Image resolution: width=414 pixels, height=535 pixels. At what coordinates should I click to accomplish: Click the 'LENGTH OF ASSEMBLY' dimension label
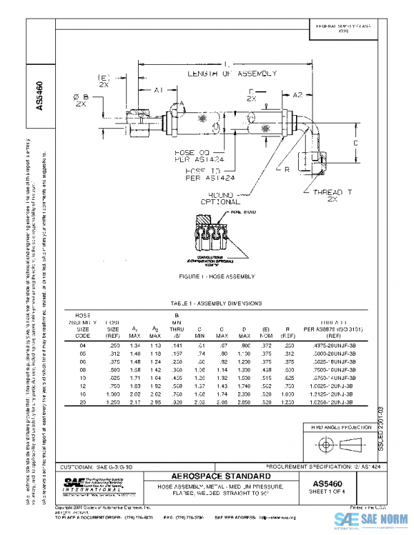click(231, 72)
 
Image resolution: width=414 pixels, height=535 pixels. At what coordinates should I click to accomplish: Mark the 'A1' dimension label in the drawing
click(157, 90)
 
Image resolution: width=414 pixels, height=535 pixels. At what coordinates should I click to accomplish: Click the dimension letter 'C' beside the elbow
click(355, 142)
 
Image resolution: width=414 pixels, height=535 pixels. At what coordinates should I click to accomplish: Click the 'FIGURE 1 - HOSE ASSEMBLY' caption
click(217, 276)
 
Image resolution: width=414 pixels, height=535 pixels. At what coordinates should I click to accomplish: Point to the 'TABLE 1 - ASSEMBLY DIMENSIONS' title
click(216, 303)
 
